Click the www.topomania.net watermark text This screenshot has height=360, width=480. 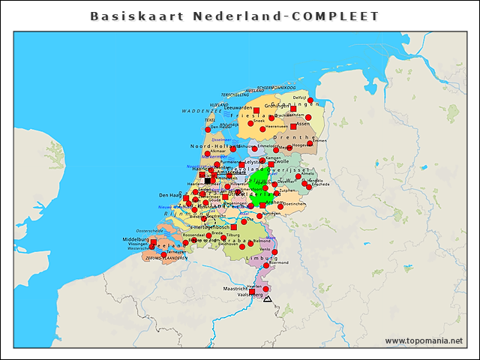click(424, 340)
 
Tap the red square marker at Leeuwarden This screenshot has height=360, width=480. click(256, 110)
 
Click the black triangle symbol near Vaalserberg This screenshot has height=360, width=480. click(268, 299)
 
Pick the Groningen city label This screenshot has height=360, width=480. click(277, 106)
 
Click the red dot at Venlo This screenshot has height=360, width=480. click(274, 251)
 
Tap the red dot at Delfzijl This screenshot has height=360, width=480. click(310, 100)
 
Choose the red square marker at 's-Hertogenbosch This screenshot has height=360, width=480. click(234, 226)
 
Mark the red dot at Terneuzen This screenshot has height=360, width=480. click(164, 251)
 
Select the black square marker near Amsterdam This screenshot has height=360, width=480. click(208, 180)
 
